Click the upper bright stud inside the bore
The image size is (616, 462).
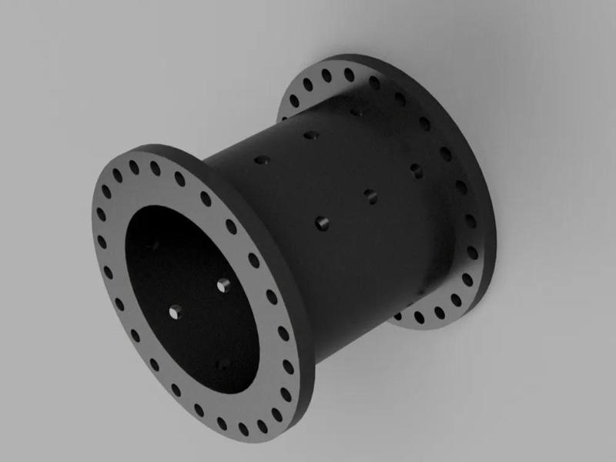point(224,285)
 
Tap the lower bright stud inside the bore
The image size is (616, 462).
point(176,312)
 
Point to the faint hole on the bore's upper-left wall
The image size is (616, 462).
point(153,246)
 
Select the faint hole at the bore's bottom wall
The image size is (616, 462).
point(223,362)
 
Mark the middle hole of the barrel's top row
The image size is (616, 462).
point(310,136)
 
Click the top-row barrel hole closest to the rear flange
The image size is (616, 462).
point(356,112)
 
